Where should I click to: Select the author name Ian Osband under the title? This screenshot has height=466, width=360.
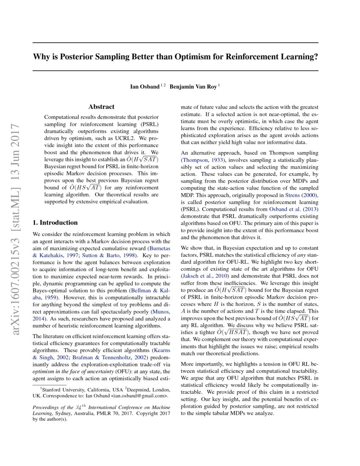144,87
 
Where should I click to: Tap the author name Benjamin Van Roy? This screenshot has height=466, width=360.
193,87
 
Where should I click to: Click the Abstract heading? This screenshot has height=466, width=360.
101,107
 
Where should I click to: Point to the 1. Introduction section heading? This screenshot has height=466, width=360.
55,222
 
